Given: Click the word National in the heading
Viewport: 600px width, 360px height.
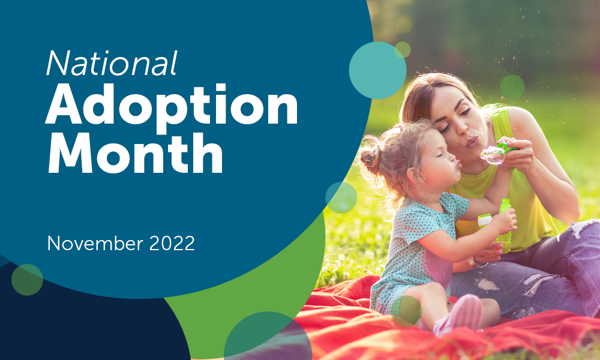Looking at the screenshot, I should (112, 62).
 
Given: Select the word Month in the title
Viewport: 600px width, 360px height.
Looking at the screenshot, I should (136, 154).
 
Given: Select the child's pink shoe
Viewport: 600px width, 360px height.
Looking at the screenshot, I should (462, 315).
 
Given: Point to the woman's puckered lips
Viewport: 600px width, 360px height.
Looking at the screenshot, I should (472, 141).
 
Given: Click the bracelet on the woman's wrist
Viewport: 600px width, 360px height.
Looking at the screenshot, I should (473, 263).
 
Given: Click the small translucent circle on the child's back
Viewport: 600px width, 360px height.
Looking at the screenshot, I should (341, 197).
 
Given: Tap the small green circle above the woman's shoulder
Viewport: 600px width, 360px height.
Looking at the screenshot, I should (512, 87).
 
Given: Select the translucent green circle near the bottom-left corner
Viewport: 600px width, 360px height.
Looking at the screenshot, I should (27, 280).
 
